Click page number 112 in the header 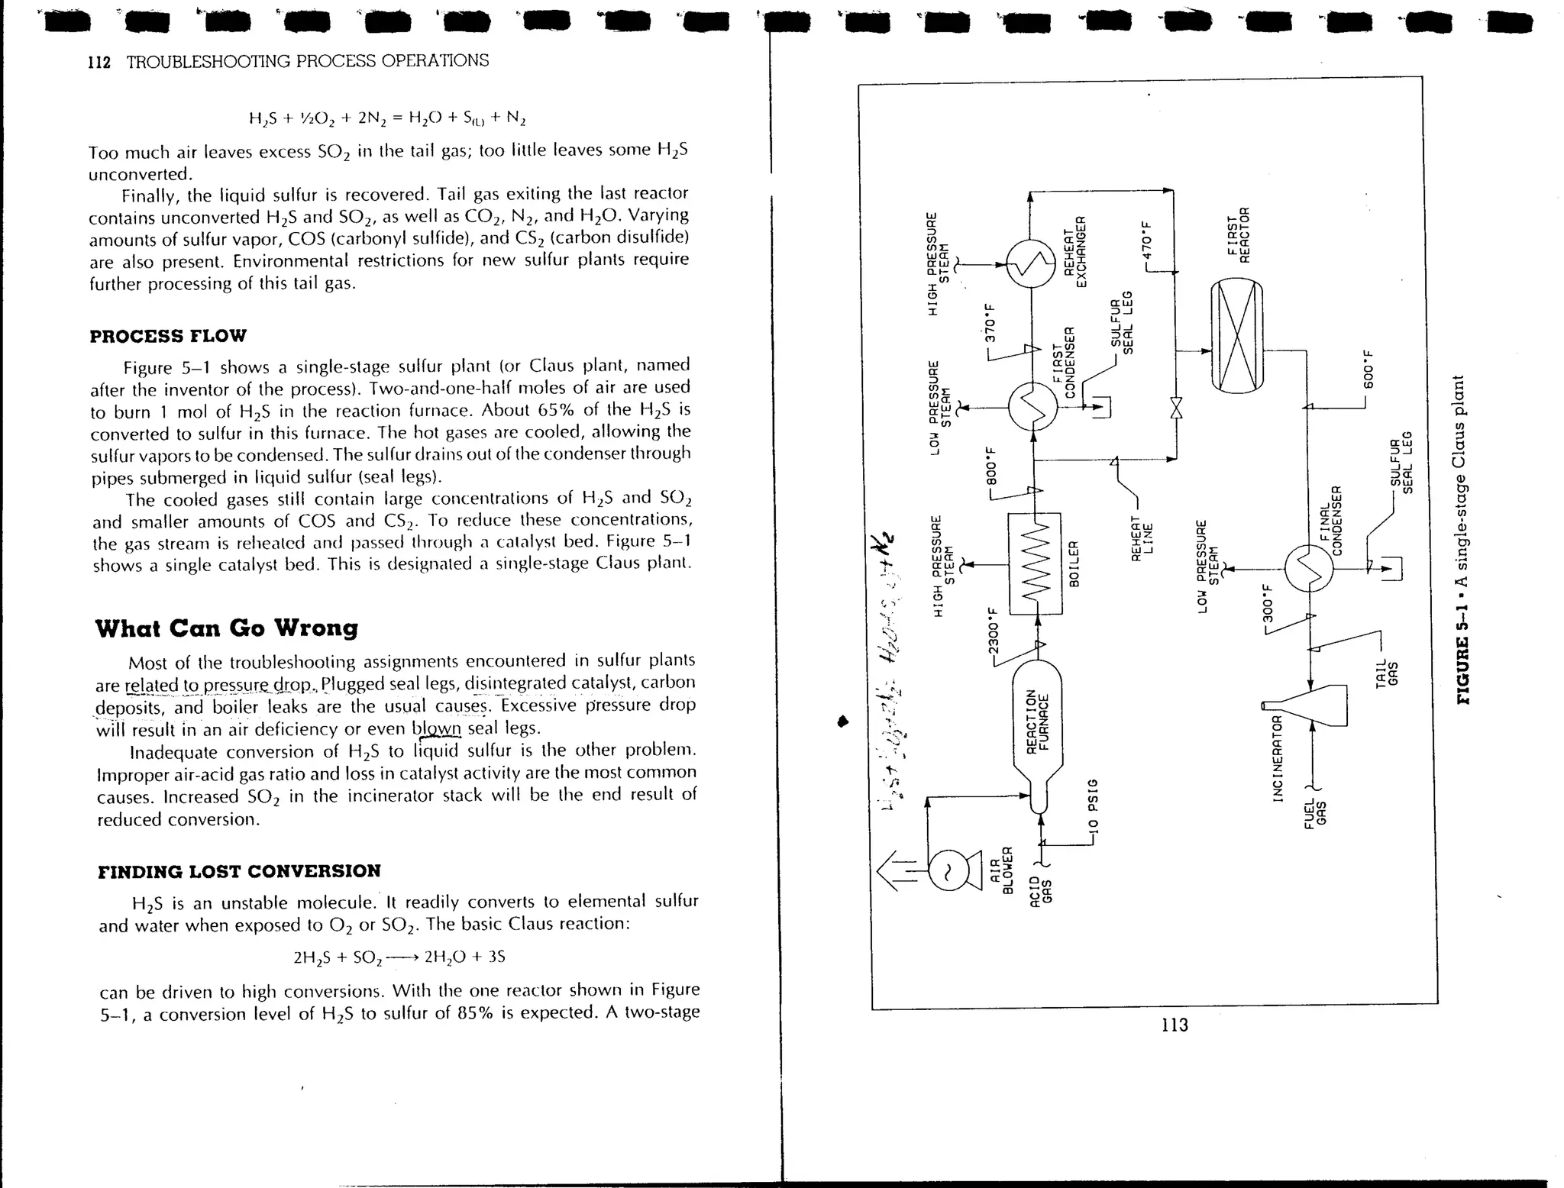click(99, 63)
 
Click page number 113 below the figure click(1174, 1025)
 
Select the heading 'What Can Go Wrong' click(226, 628)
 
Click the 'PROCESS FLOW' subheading click(168, 336)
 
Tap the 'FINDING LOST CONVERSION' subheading click(239, 871)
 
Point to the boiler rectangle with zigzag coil click(1036, 563)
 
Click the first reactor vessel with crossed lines click(1237, 336)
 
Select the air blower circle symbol click(948, 870)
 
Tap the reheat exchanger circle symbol click(1031, 263)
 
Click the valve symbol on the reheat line click(1176, 408)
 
